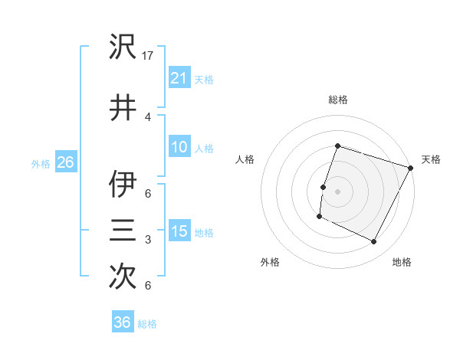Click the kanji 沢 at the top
(x=123, y=47)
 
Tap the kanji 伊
(x=123, y=185)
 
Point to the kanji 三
(x=123, y=230)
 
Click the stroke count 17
(x=149, y=55)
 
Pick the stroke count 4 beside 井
(x=148, y=116)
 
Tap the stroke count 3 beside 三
(x=148, y=240)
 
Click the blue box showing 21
(x=179, y=77)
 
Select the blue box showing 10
(x=179, y=147)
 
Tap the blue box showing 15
(x=179, y=231)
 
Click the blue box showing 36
(x=123, y=322)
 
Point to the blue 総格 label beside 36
(x=148, y=324)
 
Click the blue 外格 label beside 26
(x=41, y=163)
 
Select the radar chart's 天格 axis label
(x=431, y=159)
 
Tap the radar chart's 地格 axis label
(x=402, y=262)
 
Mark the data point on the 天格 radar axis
(x=411, y=168)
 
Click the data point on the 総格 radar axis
(x=337, y=146)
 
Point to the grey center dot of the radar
(x=337, y=191)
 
